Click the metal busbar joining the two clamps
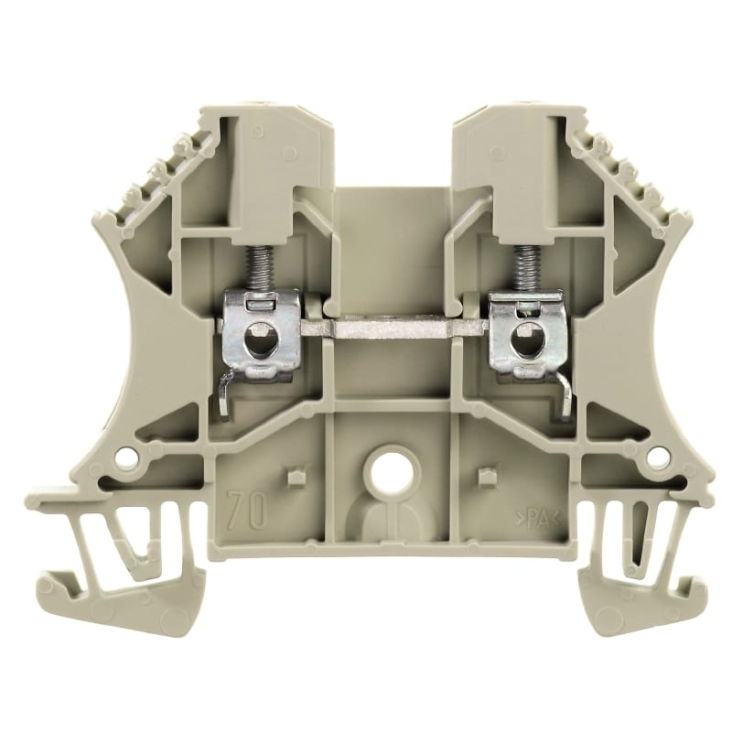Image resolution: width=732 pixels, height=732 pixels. point(393,326)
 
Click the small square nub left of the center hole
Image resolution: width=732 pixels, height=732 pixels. point(295,477)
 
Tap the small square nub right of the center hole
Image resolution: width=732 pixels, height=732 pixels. point(488,477)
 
